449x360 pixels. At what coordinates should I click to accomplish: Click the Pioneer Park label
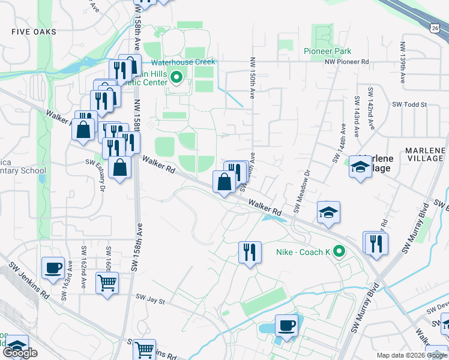[327, 51]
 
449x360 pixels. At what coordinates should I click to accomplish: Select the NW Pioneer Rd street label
[347, 61]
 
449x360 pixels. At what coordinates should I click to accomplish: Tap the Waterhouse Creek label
[182, 62]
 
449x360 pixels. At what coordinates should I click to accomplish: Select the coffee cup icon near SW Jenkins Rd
[53, 268]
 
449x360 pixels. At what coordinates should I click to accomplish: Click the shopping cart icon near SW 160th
[107, 282]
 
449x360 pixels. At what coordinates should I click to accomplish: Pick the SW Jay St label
[151, 297]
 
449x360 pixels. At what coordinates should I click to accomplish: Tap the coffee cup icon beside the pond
[286, 326]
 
